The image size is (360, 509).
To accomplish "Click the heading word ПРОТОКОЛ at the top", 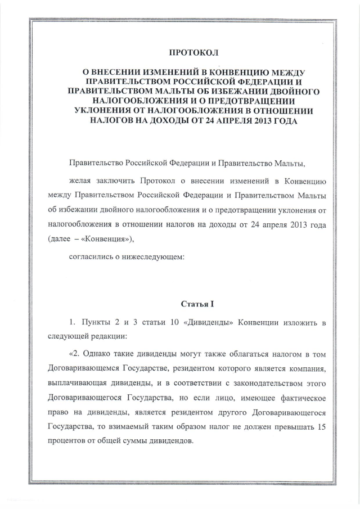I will (x=193, y=53).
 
